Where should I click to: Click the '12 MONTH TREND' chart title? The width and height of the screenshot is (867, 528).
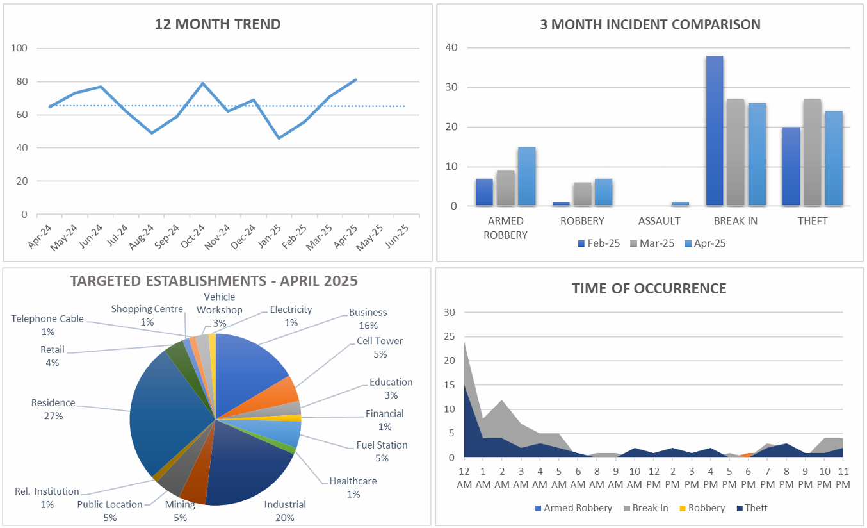click(218, 24)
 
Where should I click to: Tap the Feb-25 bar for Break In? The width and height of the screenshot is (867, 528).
click(715, 131)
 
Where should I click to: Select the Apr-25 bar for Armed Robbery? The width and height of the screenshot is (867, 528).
click(526, 177)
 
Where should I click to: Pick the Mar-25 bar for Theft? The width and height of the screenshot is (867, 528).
click(812, 153)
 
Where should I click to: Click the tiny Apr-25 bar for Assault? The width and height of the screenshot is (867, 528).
click(680, 204)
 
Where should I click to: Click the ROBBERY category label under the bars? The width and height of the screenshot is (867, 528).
click(581, 221)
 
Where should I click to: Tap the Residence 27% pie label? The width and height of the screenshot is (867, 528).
click(53, 409)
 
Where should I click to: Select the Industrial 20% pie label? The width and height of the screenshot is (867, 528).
click(285, 511)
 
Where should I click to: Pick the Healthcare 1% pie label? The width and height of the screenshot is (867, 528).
click(353, 488)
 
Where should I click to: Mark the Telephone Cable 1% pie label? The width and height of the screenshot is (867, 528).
click(47, 325)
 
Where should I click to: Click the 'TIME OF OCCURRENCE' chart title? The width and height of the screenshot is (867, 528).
click(649, 288)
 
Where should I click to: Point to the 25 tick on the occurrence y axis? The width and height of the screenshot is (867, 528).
click(449, 337)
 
